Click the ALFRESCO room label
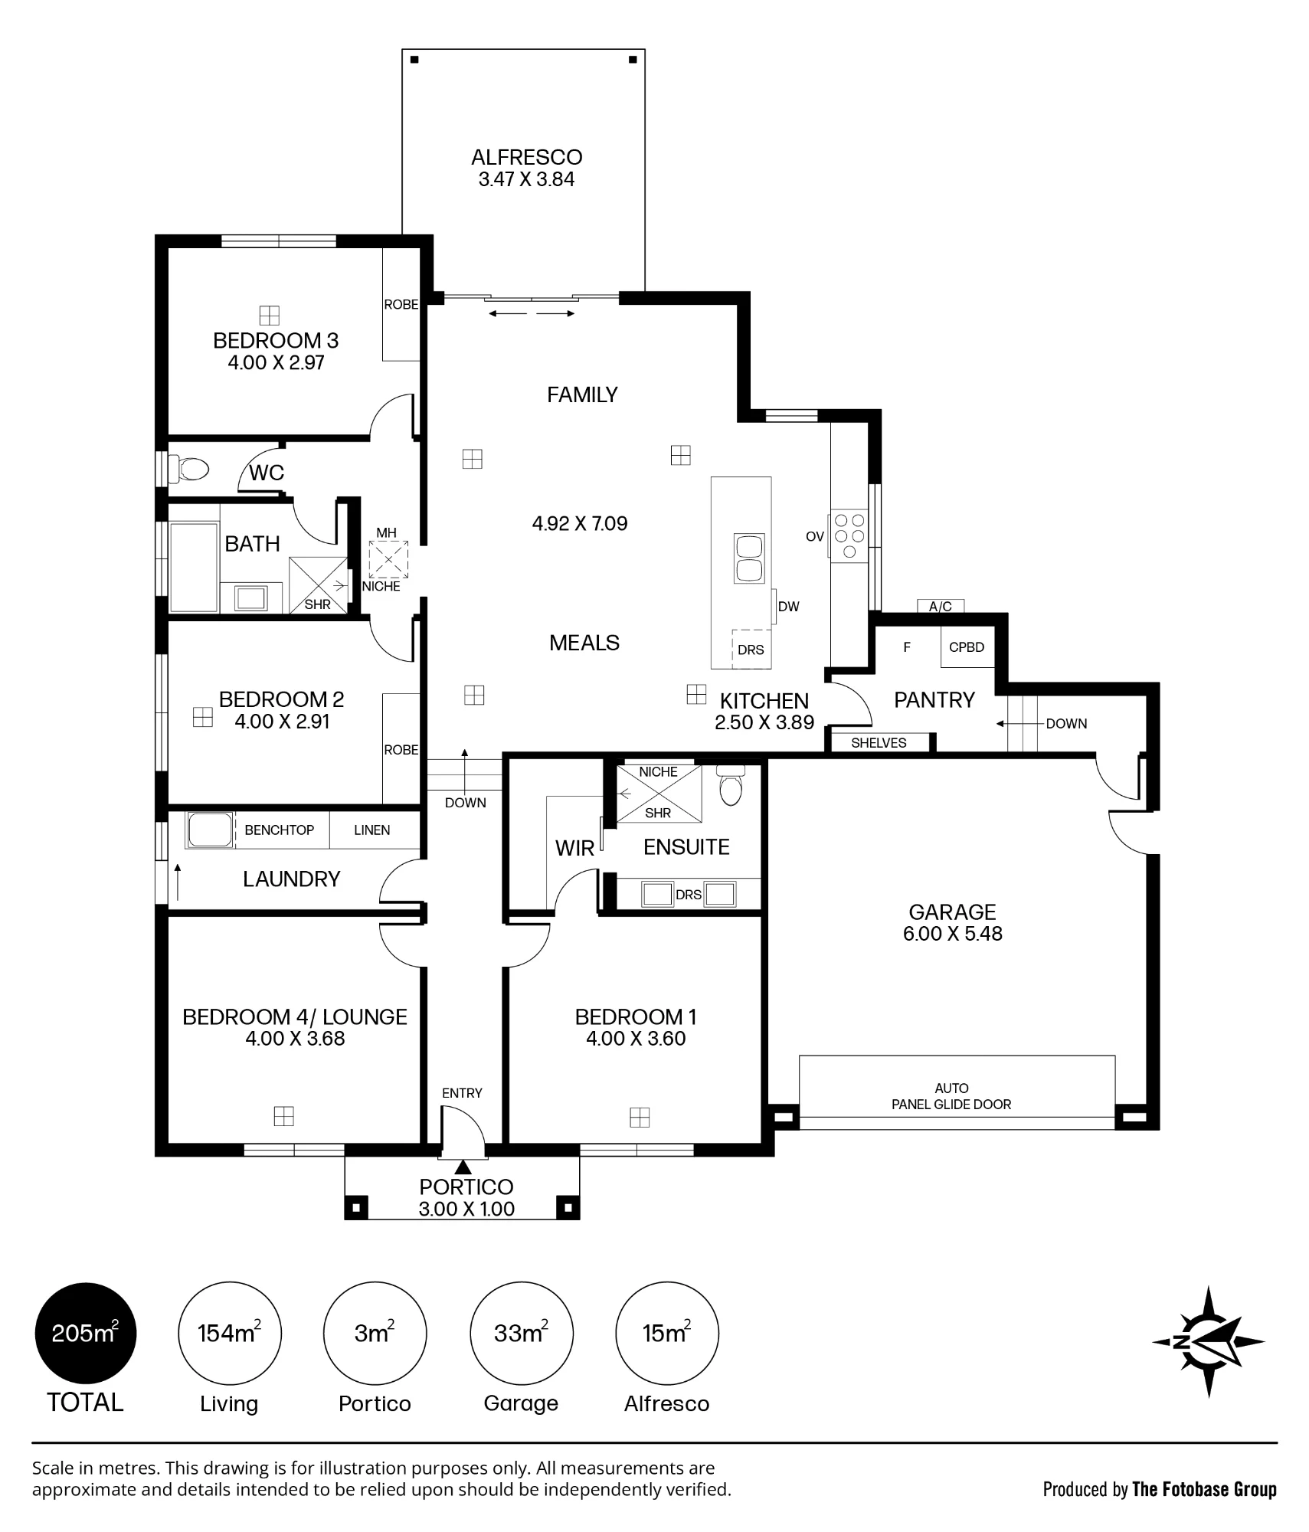click(x=526, y=157)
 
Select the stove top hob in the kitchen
click(x=849, y=535)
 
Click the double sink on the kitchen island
click(x=748, y=558)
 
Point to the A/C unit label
click(x=940, y=607)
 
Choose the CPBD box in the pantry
click(x=967, y=647)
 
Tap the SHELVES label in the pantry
click(x=879, y=743)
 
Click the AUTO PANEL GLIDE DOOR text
click(x=951, y=1096)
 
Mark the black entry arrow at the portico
click(x=463, y=1167)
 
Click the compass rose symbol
click(x=1208, y=1341)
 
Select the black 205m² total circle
click(x=86, y=1333)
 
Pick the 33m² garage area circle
click(x=521, y=1333)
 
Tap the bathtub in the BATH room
click(x=194, y=567)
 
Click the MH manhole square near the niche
click(x=388, y=559)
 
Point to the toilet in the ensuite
click(x=731, y=784)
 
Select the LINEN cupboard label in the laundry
click(x=372, y=830)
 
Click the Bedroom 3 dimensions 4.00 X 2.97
click(x=276, y=362)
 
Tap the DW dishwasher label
click(x=788, y=607)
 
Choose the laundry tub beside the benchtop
click(x=210, y=830)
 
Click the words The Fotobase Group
click(x=1204, y=1489)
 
